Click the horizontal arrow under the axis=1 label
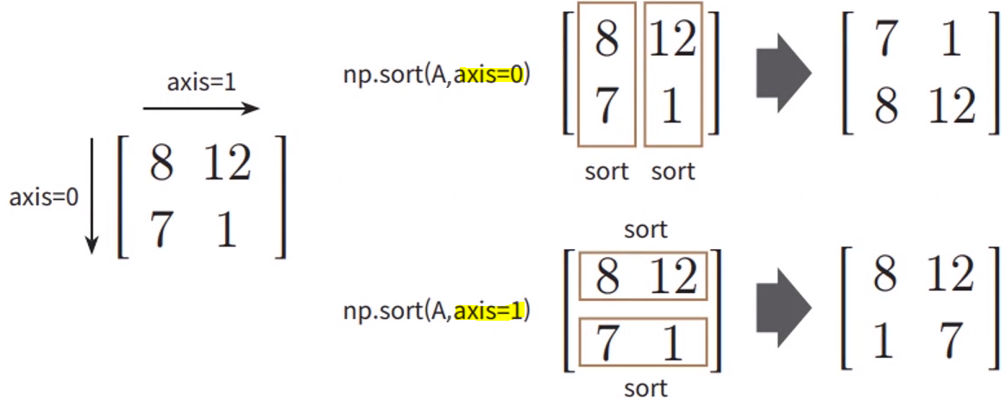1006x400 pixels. point(200,109)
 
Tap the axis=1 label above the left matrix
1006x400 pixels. point(200,83)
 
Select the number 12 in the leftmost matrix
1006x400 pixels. point(227,164)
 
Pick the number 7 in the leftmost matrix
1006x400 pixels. point(161,231)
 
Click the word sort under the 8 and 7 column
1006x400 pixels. point(607,172)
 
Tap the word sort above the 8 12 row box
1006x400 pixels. point(645,229)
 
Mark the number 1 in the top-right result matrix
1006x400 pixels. point(951,41)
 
